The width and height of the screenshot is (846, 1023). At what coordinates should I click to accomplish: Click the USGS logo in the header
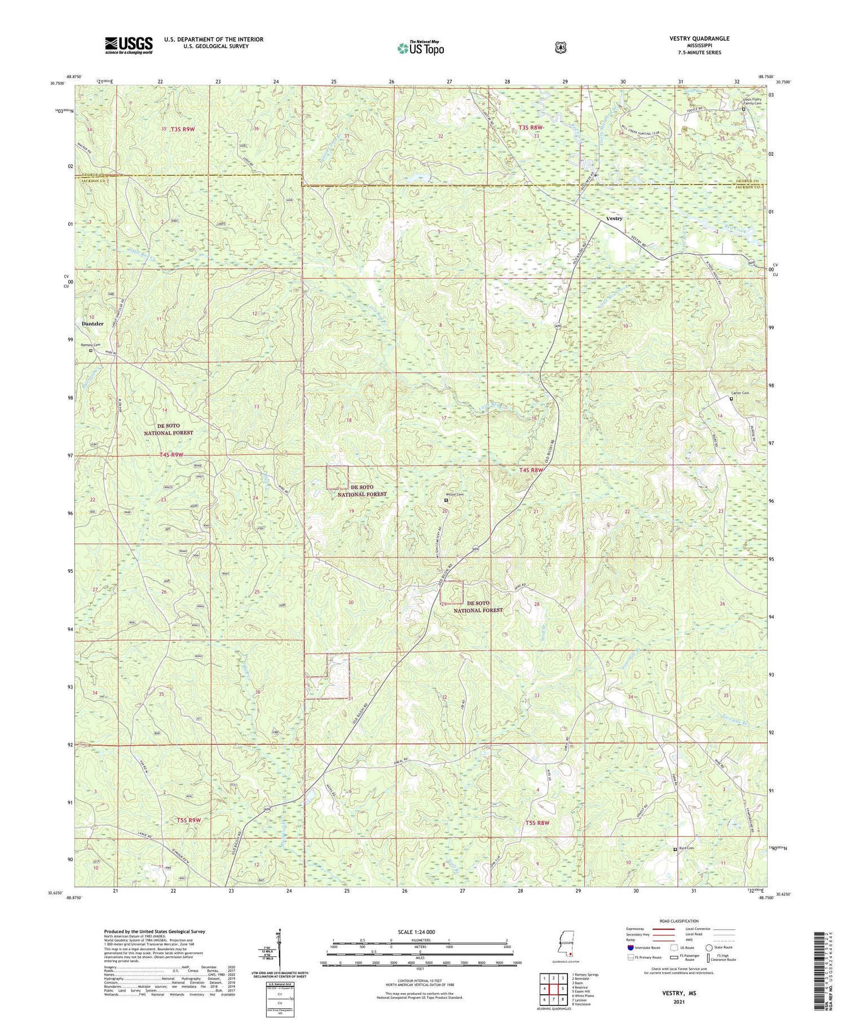tap(129, 45)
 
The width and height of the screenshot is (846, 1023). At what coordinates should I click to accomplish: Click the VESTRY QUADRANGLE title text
tap(700, 38)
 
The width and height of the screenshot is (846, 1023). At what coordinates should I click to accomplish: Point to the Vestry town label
tap(614, 218)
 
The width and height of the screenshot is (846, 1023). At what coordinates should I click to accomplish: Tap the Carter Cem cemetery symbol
tap(732, 399)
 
